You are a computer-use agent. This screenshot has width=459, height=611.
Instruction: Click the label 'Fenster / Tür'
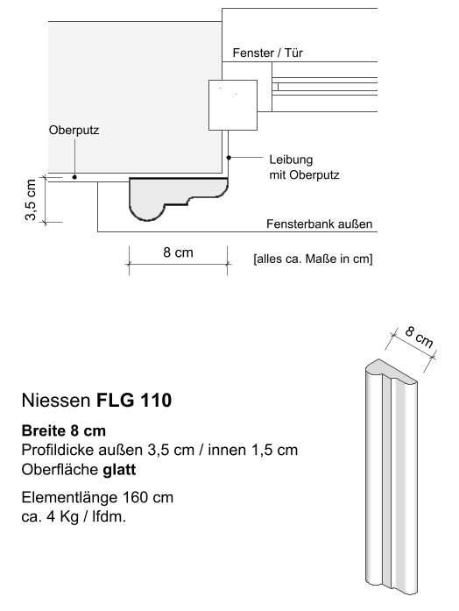268,53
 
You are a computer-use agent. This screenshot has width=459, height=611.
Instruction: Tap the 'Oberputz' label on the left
74,131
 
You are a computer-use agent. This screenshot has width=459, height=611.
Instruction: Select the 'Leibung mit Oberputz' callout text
303,167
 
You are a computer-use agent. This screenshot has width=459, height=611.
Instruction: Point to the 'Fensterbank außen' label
320,224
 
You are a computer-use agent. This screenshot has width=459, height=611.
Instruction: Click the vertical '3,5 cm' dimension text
32,199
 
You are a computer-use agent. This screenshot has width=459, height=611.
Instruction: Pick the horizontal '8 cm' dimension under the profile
178,253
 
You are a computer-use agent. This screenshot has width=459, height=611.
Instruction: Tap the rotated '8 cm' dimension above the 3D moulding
419,338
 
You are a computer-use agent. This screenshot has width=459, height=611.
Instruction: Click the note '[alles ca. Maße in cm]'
313,259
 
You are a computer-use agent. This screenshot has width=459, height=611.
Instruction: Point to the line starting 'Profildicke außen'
159,451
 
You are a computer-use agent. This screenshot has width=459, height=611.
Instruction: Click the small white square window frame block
233,103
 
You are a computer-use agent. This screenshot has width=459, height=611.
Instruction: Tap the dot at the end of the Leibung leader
229,158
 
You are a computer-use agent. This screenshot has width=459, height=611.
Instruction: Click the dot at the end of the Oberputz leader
74,177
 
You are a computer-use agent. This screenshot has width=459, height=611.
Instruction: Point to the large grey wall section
131,96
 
